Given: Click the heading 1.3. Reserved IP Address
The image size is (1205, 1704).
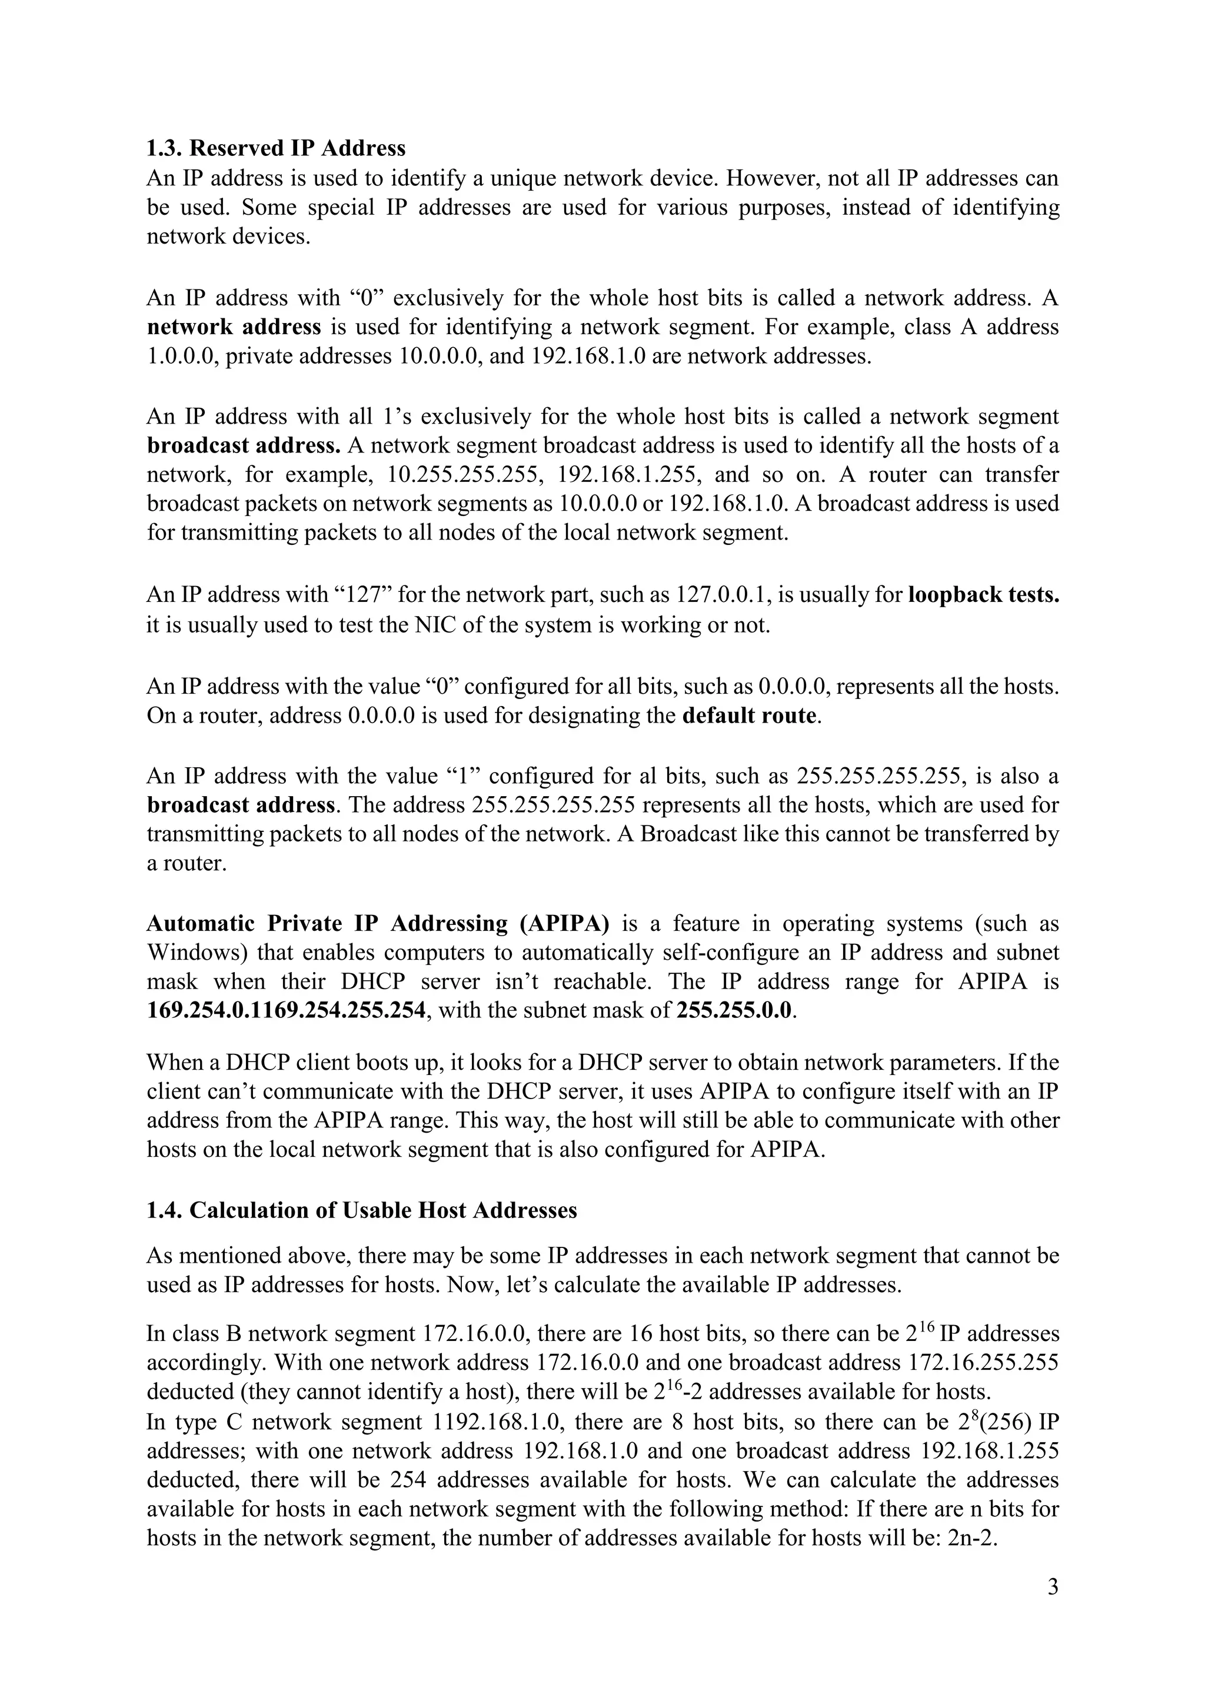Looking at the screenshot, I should [276, 148].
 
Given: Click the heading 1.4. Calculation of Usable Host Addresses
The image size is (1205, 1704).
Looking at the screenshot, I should [361, 1210].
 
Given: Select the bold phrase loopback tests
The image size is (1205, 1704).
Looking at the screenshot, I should [984, 595].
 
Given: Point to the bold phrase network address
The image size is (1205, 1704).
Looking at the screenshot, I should [234, 327].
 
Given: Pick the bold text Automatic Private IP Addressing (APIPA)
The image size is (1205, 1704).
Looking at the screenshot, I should [378, 924].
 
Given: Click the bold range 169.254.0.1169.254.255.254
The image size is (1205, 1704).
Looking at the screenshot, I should [287, 1011].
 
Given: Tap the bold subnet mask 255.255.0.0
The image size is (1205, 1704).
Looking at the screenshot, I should [734, 1011].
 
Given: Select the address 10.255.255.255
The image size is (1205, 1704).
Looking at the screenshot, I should [462, 475].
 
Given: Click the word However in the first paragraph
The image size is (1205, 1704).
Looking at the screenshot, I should [768, 179].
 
